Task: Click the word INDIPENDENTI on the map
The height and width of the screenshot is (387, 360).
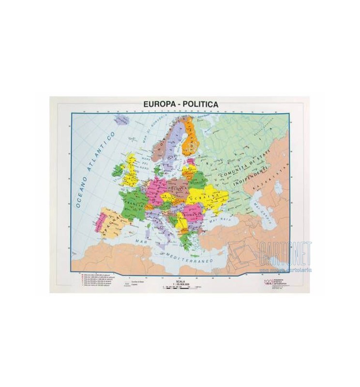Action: [x=248, y=179]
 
